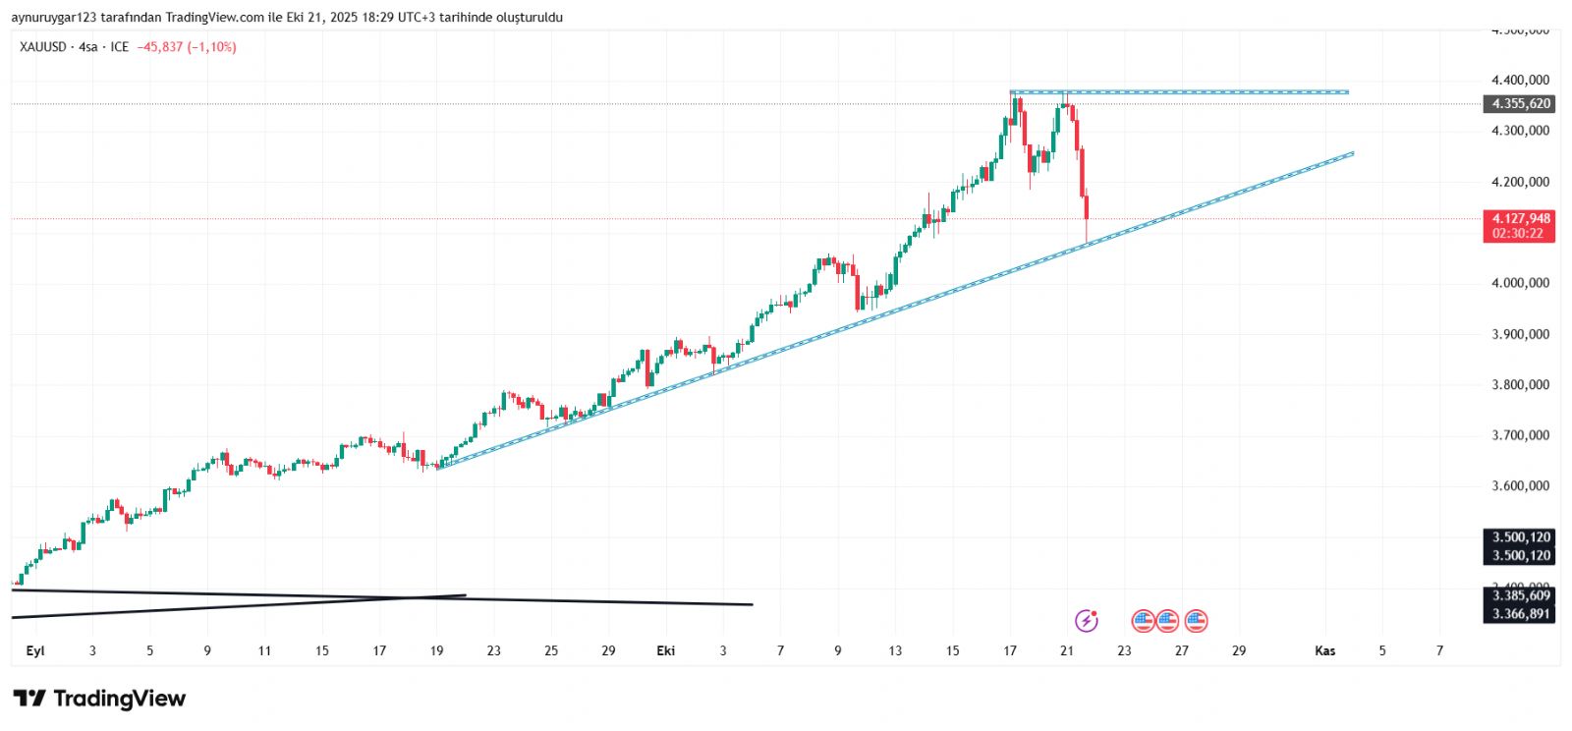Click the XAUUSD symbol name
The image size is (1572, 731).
coord(42,47)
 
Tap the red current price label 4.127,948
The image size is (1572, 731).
coord(1520,219)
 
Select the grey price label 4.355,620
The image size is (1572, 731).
coord(1520,104)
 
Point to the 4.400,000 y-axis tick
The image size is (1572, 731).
coord(1520,81)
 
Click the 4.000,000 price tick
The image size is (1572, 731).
coord(1520,283)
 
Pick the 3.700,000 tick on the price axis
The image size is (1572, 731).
coord(1520,435)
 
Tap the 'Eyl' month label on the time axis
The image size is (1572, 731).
coord(35,650)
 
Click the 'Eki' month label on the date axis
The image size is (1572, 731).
coord(666,650)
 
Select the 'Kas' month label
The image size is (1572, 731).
coord(1325,650)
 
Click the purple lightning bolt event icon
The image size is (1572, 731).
coord(1086,620)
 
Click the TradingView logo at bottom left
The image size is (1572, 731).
coord(99,699)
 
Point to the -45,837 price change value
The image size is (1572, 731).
coord(160,47)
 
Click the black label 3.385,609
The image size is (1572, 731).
coord(1520,595)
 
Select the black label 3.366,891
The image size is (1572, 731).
coord(1520,614)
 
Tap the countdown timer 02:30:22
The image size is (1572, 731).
coord(1518,234)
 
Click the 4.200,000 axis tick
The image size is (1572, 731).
coord(1520,182)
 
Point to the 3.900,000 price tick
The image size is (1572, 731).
coord(1520,334)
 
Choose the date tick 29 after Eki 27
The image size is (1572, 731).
coord(1239,650)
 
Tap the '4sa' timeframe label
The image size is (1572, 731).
coord(88,47)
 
